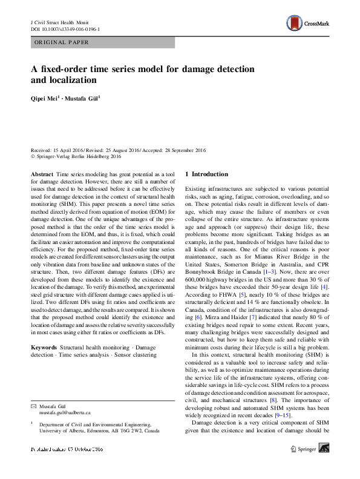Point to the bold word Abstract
(x=42, y=174)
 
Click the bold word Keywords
(x=44, y=347)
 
